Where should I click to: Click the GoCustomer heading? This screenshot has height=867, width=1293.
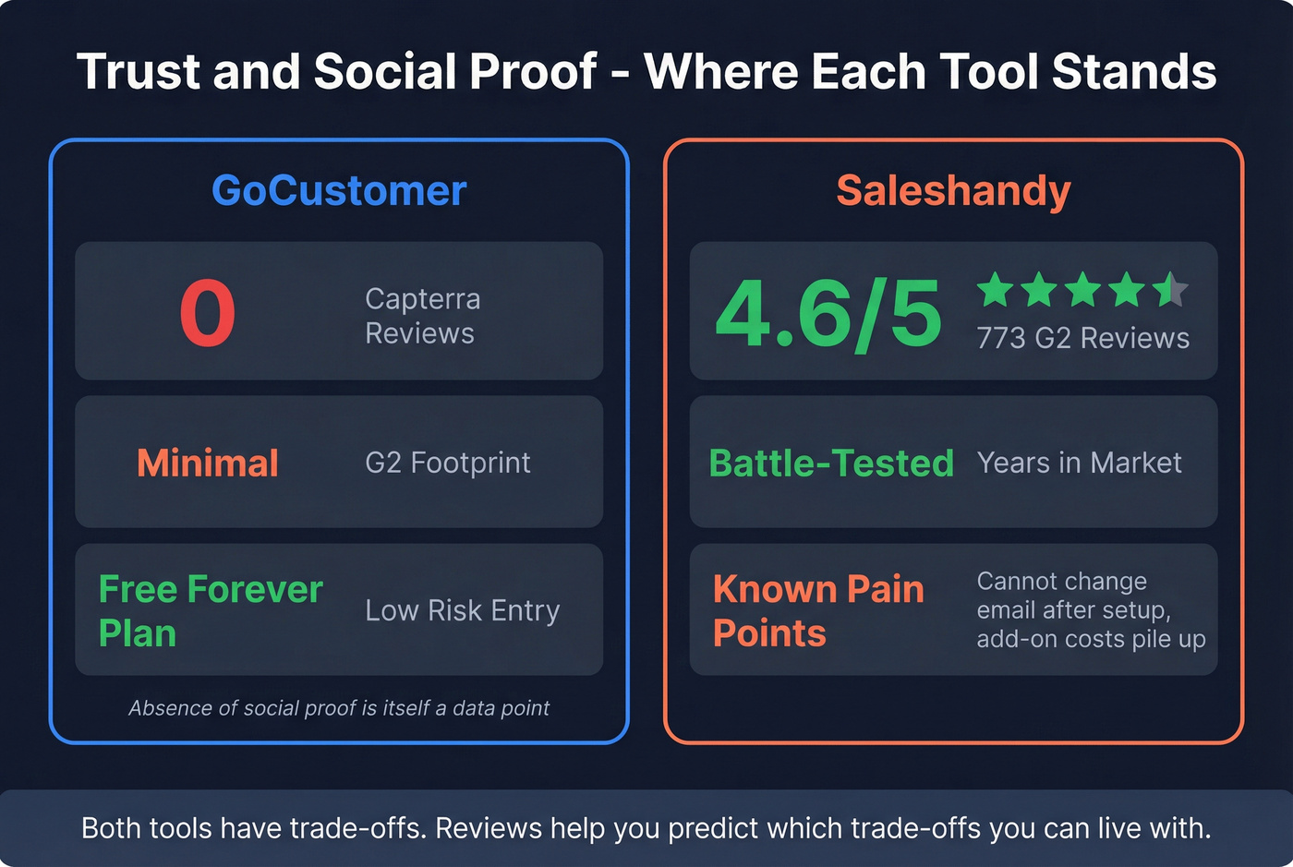pos(339,191)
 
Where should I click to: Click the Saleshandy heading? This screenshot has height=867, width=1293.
pos(953,191)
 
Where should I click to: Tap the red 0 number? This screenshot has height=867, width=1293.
pos(208,314)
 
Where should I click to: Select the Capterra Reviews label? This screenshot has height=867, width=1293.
pos(422,316)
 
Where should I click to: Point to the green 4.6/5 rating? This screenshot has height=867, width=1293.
pos(828,314)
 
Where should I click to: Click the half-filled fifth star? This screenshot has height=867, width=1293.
pos(1170,290)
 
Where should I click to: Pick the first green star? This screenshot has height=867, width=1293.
pos(996,290)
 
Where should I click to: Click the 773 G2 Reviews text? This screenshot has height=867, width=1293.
pos(1082,338)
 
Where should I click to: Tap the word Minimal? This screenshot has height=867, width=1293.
pos(208,463)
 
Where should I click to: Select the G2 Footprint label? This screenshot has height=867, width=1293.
pos(448,463)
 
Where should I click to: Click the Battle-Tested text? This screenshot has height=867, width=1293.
pos(830,463)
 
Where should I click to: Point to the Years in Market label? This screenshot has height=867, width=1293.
pos(1079,463)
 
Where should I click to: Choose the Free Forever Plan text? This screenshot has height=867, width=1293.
pos(211,610)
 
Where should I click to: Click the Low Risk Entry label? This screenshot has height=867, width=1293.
pos(462,610)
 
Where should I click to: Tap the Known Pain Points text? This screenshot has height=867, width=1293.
pos(818,610)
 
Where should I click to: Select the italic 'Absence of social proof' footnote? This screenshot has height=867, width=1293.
pos(339,708)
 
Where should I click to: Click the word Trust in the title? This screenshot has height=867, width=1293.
pos(138,72)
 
